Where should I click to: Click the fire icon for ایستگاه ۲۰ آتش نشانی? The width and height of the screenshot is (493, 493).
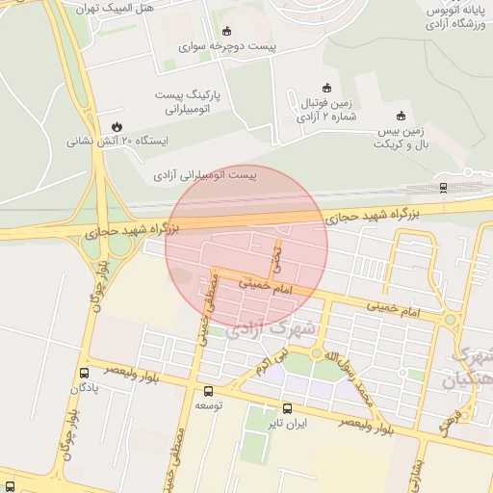pos(117,126)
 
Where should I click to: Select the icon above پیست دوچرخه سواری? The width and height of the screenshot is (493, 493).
pos(226,31)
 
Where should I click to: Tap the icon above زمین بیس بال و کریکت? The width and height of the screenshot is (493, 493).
pos(401,116)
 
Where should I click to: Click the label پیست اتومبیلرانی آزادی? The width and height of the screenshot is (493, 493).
pos(206,176)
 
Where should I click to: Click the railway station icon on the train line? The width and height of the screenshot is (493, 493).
pos(442,187)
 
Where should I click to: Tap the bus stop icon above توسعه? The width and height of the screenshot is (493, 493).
pos(209,391)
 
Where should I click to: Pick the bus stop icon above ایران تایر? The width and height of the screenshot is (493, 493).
pos(287,407)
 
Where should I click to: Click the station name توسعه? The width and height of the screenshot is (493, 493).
pos(209,406)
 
